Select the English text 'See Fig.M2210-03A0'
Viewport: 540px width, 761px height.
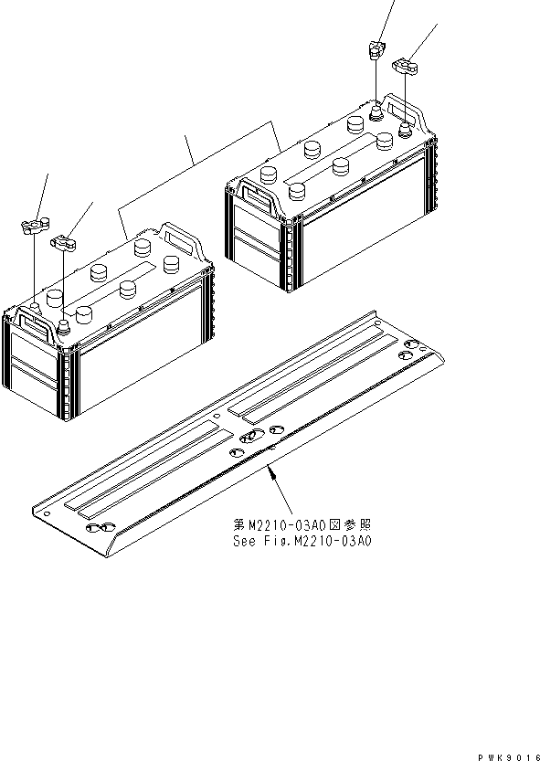pyautogui.click(x=303, y=541)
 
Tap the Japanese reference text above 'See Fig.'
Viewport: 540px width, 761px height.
pyautogui.click(x=303, y=525)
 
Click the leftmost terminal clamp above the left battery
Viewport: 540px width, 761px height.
pyautogui.click(x=33, y=225)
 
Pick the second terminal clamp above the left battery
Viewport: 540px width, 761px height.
pyautogui.click(x=63, y=242)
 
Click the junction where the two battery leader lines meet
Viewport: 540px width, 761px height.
pyautogui.click(x=193, y=163)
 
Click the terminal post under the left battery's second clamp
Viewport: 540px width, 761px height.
pyautogui.click(x=64, y=325)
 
